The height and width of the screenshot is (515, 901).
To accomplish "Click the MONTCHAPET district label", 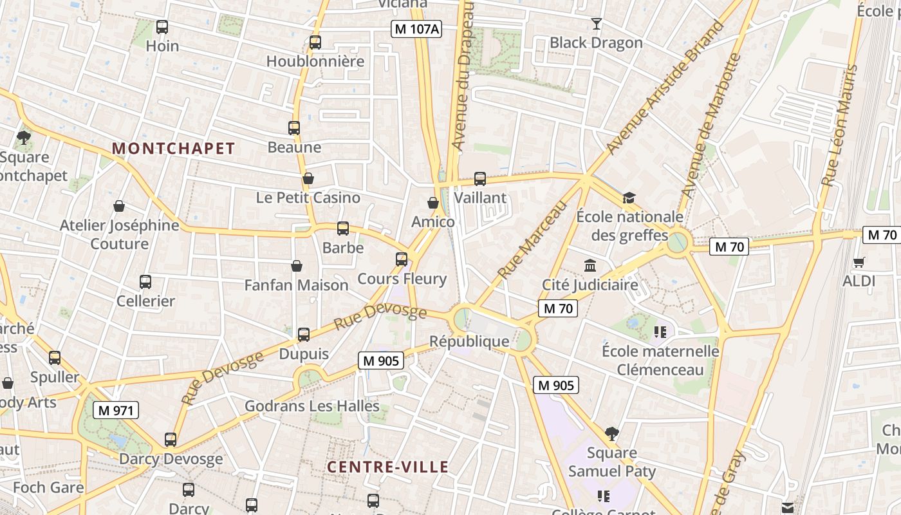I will pos(174,149).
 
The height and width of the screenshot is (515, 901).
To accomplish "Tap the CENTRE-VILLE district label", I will pos(387,467).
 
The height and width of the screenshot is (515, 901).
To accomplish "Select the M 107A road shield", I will pos(417,28).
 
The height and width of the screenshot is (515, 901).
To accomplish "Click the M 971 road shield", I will pos(116,410).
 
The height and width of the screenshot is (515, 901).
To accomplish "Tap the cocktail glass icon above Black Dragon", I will pos(597,24).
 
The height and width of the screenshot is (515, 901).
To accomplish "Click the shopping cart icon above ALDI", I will pos(859,262).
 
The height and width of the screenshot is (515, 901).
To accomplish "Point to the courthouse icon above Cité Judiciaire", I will pos(590,265).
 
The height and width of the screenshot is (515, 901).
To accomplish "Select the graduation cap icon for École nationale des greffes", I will pos(628,198).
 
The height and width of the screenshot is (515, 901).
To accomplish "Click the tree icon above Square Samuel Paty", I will pos(611,434).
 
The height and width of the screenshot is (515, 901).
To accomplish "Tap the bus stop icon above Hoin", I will pos(162,27).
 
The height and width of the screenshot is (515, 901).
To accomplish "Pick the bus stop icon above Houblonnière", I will pos(315,42).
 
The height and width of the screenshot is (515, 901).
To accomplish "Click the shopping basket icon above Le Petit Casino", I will pos(308,178).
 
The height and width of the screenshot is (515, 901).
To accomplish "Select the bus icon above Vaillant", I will pos(480,179).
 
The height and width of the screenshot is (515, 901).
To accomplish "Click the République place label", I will pos(469,341).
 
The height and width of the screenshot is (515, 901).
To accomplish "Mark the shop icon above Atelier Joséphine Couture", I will pos(119,206).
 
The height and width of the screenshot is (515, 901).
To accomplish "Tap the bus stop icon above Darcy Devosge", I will pos(171,440).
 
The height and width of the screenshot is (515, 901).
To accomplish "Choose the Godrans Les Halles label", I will pos(312,406).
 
